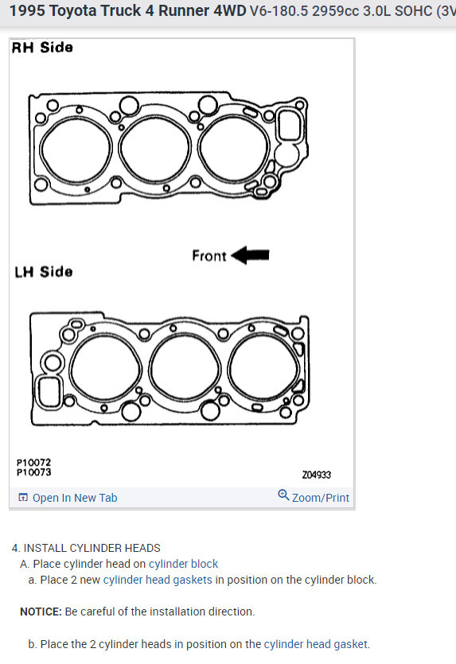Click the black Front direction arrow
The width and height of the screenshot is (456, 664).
[x=250, y=255]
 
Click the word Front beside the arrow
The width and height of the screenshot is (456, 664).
[x=209, y=256]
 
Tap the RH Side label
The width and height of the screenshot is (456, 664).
[x=42, y=48]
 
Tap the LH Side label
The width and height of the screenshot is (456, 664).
[x=43, y=271]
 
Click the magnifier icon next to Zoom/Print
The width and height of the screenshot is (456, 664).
[x=283, y=495]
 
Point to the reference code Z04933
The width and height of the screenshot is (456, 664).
[x=317, y=475]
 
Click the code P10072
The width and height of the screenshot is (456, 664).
[x=33, y=463]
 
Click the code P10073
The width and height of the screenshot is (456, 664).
[x=33, y=472]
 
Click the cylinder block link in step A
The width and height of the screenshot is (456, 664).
[x=183, y=564]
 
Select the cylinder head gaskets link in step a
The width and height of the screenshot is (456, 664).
[x=158, y=580]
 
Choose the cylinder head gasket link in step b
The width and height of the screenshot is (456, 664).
[x=316, y=644]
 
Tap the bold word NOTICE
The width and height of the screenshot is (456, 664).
[x=41, y=612]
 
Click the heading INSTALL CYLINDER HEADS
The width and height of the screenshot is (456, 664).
[x=92, y=548]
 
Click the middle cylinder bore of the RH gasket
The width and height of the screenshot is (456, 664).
[x=155, y=149]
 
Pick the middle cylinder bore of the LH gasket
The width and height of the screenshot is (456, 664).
[x=185, y=368]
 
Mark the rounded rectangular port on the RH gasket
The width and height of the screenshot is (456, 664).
[x=290, y=125]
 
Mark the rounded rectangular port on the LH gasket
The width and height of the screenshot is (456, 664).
[x=49, y=392]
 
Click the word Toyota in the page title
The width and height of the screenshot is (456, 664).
[x=75, y=10]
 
